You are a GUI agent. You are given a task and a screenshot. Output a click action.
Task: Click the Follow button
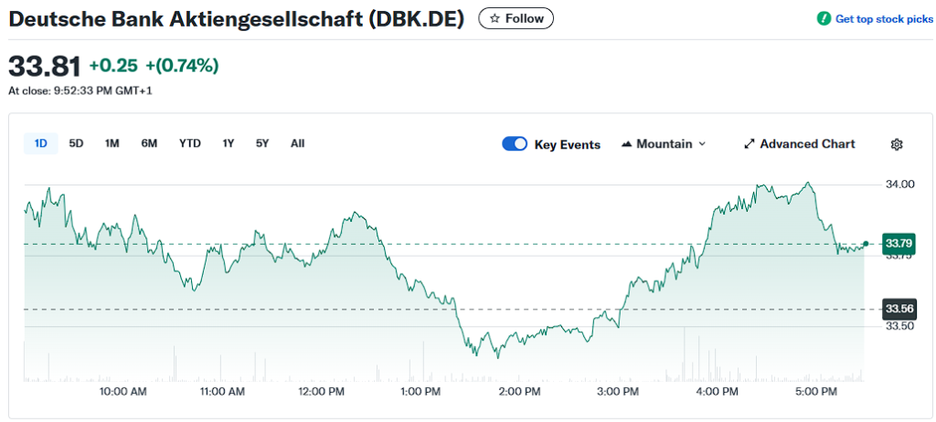click(516, 18)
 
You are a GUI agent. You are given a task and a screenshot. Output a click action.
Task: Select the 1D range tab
click(41, 143)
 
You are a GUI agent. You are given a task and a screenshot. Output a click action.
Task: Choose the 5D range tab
click(77, 143)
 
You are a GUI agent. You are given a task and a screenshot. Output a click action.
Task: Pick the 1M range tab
click(112, 143)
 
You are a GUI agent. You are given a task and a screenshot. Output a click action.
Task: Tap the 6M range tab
click(149, 143)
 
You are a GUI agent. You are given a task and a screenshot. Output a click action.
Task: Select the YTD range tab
click(189, 143)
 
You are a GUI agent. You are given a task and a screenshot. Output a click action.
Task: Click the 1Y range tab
click(229, 143)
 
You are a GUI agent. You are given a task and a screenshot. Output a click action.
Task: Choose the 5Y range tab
click(262, 143)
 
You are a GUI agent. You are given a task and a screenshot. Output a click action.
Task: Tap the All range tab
click(297, 143)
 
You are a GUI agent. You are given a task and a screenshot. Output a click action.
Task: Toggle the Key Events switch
click(515, 144)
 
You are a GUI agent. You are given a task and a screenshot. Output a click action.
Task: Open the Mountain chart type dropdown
click(664, 144)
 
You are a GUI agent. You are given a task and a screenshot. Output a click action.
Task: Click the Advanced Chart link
click(800, 144)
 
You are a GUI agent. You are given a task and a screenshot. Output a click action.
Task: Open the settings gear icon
click(897, 144)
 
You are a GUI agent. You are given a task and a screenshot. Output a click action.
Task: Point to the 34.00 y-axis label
click(899, 185)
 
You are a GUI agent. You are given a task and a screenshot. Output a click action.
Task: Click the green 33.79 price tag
click(898, 243)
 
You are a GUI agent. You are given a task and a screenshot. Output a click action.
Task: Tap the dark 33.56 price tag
click(898, 309)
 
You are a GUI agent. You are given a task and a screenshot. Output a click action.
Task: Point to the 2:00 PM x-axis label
click(520, 392)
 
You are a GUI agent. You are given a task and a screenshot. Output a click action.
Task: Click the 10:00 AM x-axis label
click(123, 392)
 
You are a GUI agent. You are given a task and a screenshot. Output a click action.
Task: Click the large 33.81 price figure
click(43, 66)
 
